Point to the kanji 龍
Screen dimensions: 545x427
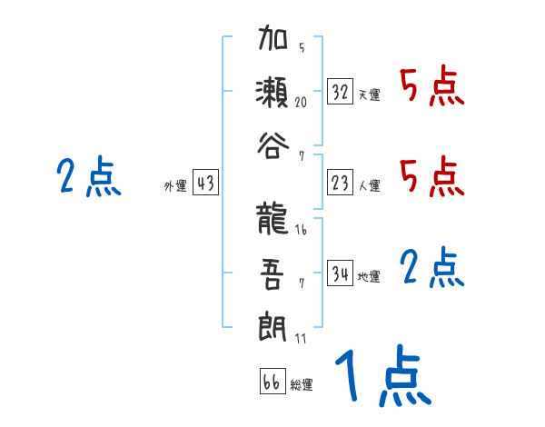point(272,221)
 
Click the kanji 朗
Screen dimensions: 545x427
point(272,325)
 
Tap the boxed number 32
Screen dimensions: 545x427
point(341,92)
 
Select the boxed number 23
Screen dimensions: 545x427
point(341,183)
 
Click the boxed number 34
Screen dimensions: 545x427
point(341,273)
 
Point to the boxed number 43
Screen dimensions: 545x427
point(205,184)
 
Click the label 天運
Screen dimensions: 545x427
point(369,94)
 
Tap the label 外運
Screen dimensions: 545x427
point(174,186)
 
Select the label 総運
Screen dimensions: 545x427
point(301,384)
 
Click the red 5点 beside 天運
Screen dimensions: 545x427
point(431,87)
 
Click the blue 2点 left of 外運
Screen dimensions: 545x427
point(89,176)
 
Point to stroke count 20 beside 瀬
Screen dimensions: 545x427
point(301,102)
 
